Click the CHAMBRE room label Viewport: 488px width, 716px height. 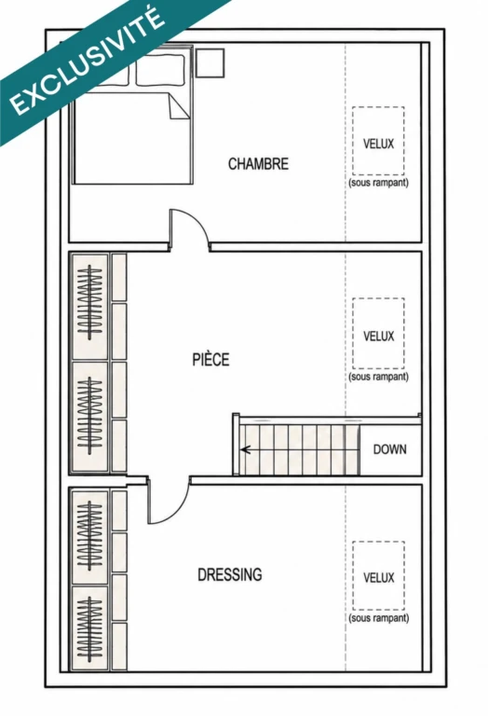pos(258,164)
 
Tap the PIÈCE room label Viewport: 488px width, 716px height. pos(210,359)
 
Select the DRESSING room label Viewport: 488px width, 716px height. pos(229,574)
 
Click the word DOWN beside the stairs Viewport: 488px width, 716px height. pos(389,449)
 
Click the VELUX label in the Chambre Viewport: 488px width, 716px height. pos(378,144)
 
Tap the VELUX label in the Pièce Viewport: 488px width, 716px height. pos(378,337)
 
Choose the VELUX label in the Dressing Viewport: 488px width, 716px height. pos(378,578)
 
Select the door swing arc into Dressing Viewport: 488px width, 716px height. pos(179,513)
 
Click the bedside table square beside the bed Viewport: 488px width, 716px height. pos(210,63)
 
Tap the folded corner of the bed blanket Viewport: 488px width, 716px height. pos(177,107)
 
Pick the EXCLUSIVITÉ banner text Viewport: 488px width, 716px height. pos(87,61)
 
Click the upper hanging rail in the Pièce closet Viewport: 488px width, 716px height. pos(89,302)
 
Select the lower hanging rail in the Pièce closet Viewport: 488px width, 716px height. pos(89,415)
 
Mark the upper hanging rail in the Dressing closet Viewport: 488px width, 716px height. pos(89,535)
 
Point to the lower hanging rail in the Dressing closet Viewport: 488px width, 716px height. pos(89,628)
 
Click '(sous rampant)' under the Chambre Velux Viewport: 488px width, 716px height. pos(378,183)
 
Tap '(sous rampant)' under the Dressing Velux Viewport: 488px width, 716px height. pos(378,618)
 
